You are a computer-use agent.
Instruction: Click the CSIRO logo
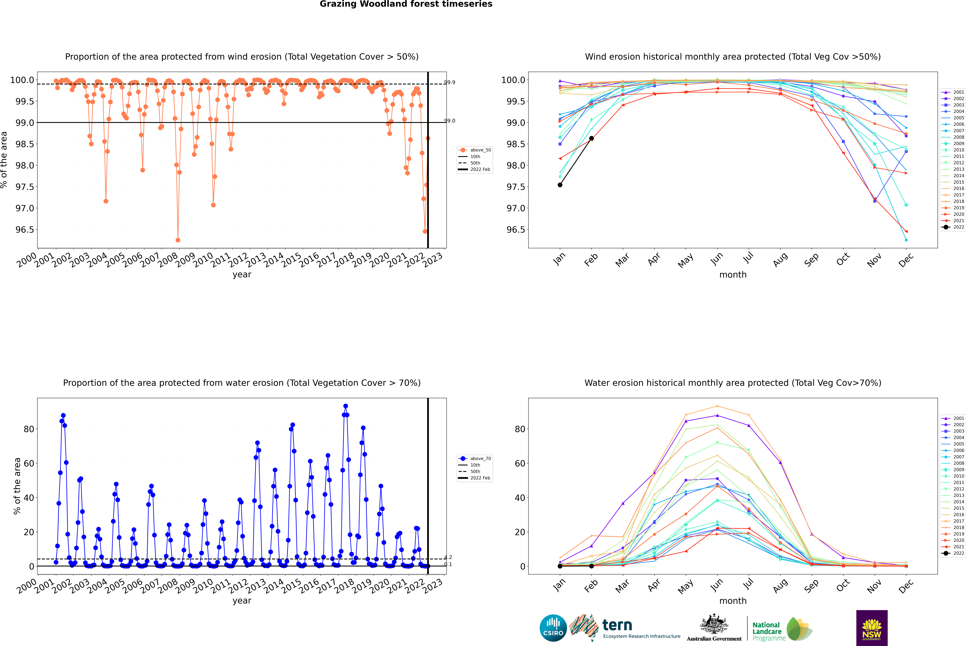(x=553, y=628)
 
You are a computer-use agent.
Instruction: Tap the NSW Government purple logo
(x=872, y=628)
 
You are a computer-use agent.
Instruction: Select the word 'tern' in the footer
(x=617, y=625)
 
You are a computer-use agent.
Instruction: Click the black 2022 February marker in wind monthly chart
(x=591, y=138)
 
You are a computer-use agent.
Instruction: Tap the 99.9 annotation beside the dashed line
(x=450, y=82)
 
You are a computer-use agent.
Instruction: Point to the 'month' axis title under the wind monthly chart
(x=732, y=275)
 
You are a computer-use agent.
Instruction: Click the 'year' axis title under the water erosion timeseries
(x=242, y=601)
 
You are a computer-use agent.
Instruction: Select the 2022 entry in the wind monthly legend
(x=958, y=227)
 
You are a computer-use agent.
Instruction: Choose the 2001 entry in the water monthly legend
(x=958, y=418)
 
